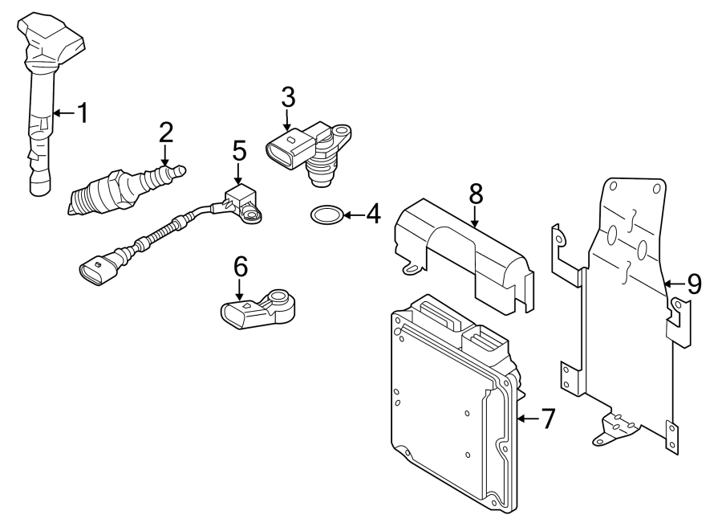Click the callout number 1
pyautogui.click(x=81, y=112)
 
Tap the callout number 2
pyautogui.click(x=165, y=131)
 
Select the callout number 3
pyautogui.click(x=288, y=98)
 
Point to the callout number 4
pyautogui.click(x=374, y=214)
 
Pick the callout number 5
pyautogui.click(x=238, y=150)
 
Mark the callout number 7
pyautogui.click(x=547, y=419)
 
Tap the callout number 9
pyautogui.click(x=694, y=283)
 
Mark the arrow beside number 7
pyautogui.click(x=527, y=419)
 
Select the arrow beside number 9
pyautogui.click(x=674, y=283)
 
